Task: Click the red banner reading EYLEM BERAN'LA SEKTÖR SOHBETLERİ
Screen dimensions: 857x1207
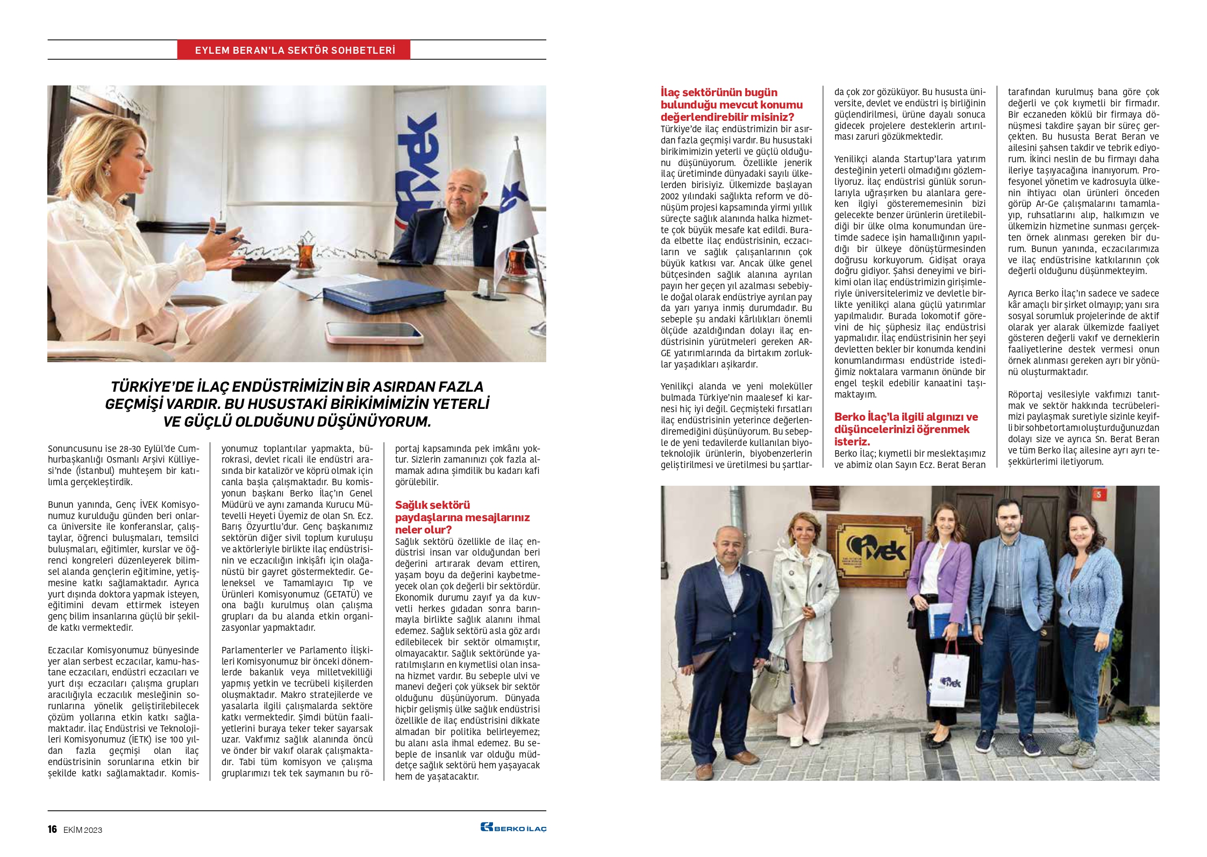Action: pos(294,50)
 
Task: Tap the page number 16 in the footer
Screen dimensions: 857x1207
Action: pos(52,829)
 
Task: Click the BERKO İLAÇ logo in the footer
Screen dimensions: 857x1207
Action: pos(513,828)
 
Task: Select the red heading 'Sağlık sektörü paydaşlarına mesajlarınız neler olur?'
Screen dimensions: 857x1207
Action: pos(462,517)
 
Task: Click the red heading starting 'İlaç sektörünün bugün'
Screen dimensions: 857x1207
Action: pos(731,104)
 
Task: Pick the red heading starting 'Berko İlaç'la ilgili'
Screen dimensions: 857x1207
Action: pos(906,429)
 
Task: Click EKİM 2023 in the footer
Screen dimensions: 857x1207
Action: pos(82,830)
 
